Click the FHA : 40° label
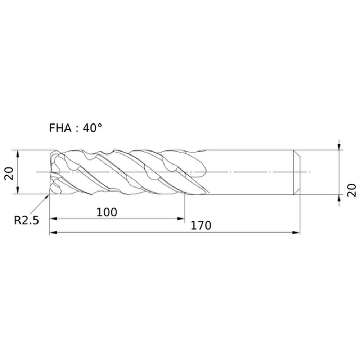tap(75, 128)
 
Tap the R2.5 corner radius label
tap(27, 220)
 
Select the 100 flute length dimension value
tap(107, 212)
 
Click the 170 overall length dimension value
tap(201, 226)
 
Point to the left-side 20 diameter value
tap(9, 174)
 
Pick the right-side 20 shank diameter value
tap(351, 190)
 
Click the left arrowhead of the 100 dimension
tap(53, 219)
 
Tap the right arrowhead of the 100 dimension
tap(181, 219)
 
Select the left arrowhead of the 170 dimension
tap(53, 233)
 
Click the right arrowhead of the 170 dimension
tap(296, 233)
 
